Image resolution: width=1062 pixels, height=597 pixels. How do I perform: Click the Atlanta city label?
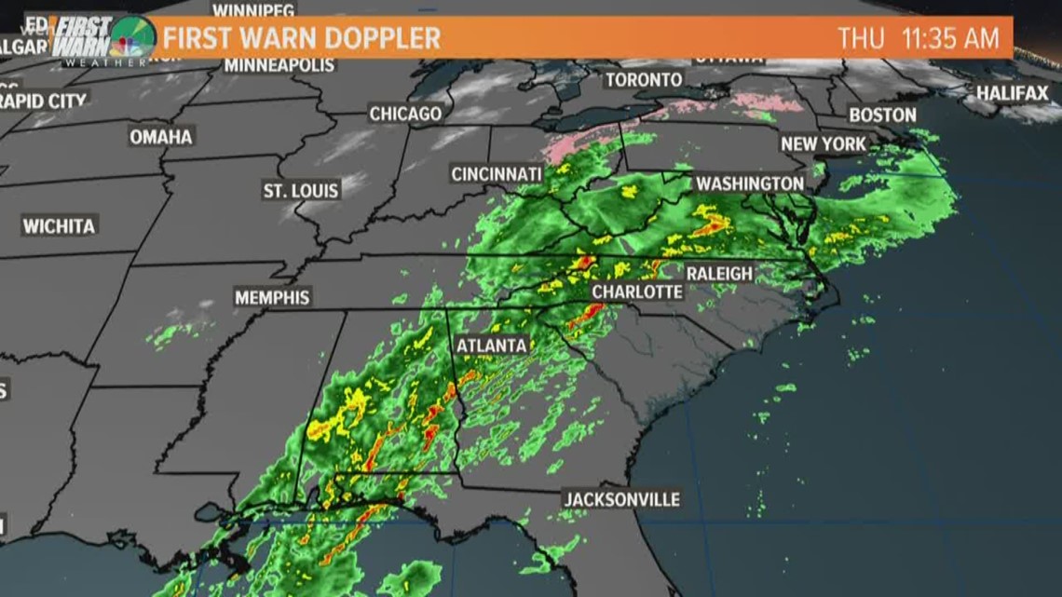492,346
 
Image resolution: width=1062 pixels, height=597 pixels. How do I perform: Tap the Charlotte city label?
637,292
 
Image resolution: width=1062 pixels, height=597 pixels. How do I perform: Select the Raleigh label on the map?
719,273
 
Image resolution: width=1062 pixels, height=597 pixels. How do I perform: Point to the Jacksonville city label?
621,499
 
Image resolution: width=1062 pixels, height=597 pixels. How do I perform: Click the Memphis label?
272,298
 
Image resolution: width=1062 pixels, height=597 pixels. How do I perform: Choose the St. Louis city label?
301,190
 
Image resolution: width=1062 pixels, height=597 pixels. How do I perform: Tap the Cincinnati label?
497,174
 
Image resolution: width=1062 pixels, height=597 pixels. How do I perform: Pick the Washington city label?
750,183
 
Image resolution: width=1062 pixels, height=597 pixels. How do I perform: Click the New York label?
824,144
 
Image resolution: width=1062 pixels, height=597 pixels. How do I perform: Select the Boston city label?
882,115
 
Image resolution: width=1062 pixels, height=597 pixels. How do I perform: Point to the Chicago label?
405,114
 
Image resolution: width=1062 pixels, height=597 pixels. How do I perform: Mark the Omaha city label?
161,137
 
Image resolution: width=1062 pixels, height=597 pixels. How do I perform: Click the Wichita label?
60,225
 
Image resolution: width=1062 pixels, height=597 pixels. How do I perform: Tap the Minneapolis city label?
279,65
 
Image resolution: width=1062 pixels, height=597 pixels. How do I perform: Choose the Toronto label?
644,80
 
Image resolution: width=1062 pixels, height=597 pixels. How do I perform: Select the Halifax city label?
1013,93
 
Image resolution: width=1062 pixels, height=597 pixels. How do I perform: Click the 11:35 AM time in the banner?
950,38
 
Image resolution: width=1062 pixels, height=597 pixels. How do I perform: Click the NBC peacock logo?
131,37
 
